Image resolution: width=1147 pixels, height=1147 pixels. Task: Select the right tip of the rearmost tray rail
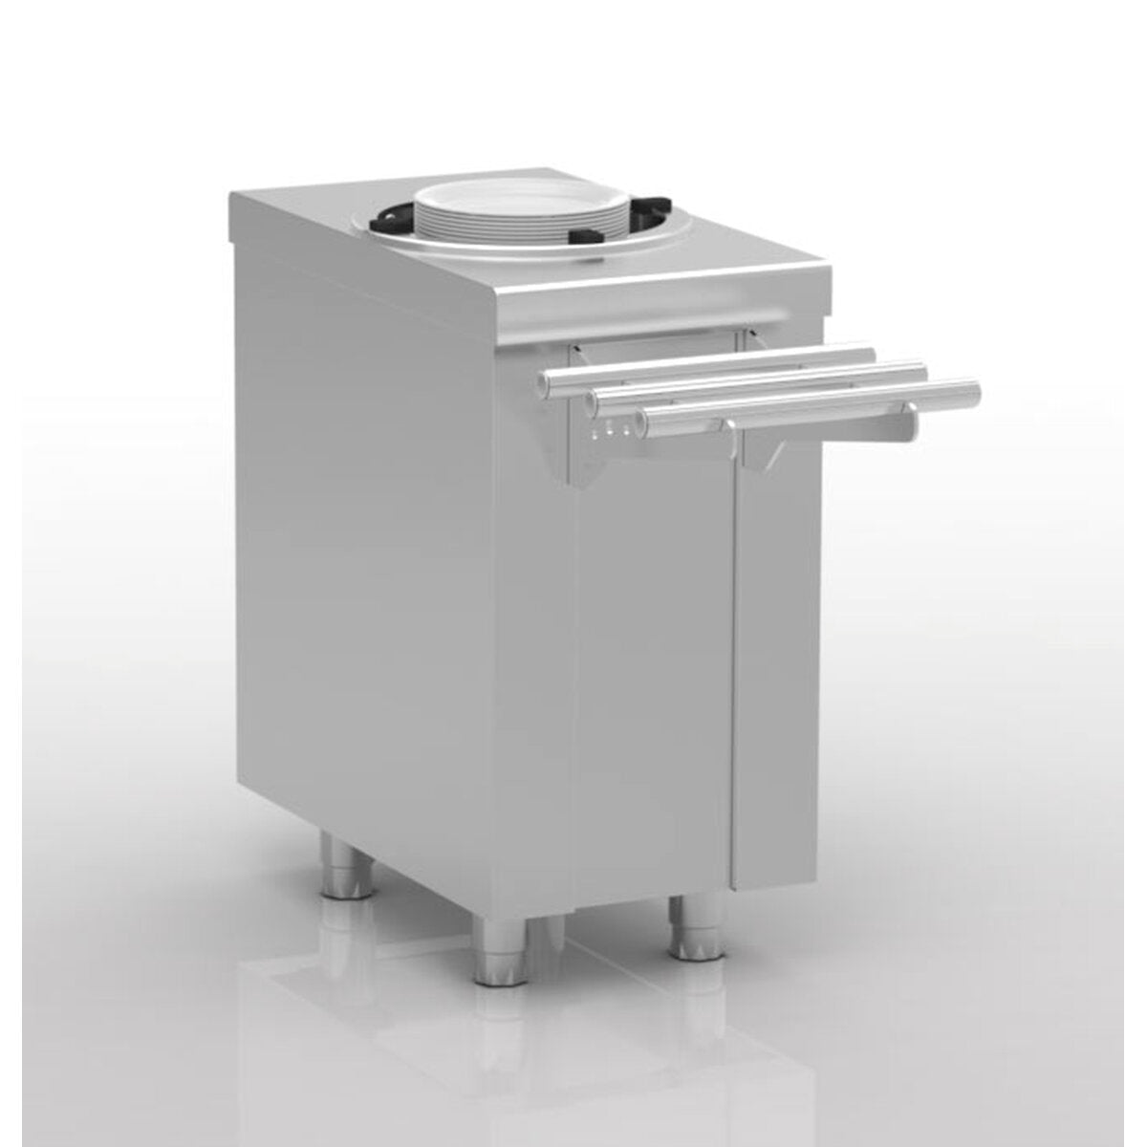(870, 356)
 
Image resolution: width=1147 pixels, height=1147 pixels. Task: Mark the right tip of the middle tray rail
(921, 371)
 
